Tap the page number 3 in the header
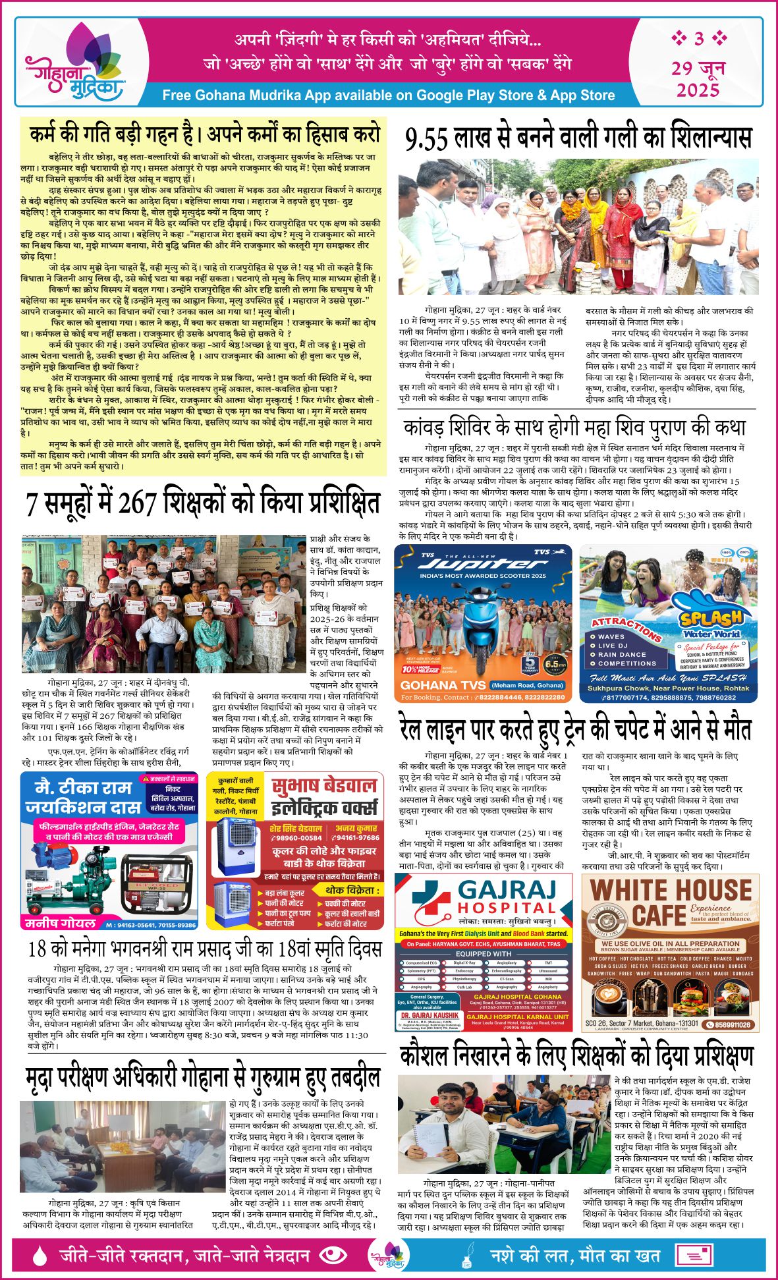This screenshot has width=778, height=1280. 698,39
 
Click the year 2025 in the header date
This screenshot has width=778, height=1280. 698,89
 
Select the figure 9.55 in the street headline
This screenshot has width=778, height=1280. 428,138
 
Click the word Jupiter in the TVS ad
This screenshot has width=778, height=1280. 483,565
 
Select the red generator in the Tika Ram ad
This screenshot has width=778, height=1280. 152,878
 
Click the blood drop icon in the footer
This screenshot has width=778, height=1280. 41,1256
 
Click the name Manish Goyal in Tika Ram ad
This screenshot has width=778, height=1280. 61,923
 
